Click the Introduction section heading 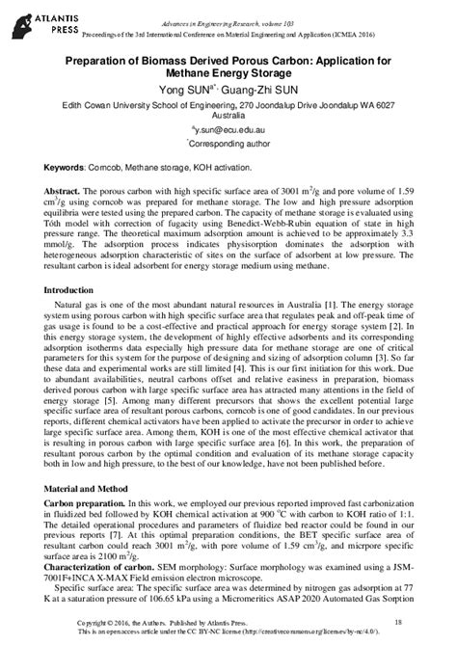coord(70,290)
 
